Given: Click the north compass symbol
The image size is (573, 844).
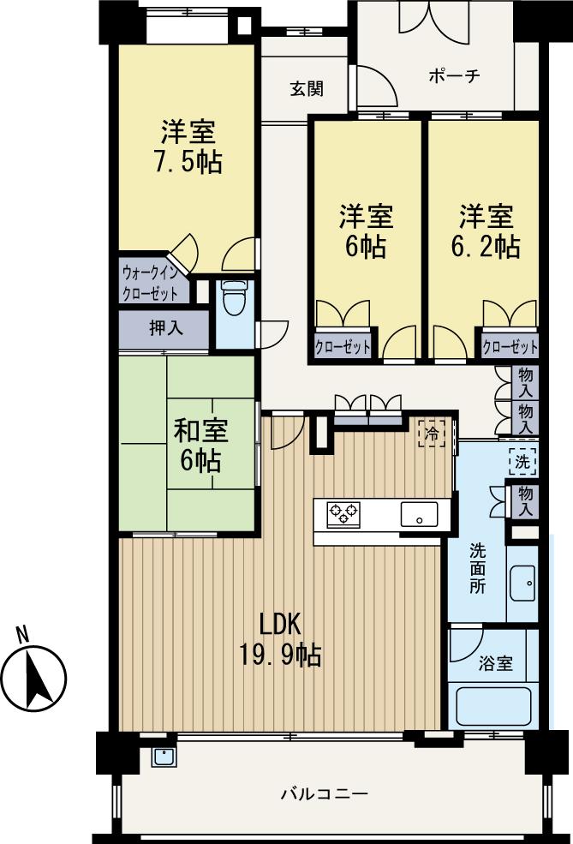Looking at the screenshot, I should tap(35, 679).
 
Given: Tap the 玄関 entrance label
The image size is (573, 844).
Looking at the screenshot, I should tap(306, 89).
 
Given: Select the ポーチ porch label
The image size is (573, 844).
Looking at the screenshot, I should tap(454, 75).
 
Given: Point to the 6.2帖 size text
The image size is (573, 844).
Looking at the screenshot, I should tap(486, 246).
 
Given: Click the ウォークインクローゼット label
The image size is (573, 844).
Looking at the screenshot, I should tap(155, 283).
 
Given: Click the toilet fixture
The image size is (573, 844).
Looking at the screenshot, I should tap(232, 298).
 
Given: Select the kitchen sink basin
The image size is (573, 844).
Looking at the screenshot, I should tap(419, 515).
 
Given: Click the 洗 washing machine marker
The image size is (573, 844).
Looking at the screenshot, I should tap(522, 462).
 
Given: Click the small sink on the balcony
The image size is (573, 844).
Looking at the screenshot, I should tap(164, 756).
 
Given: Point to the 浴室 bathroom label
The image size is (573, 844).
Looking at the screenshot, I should tap(495, 662).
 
